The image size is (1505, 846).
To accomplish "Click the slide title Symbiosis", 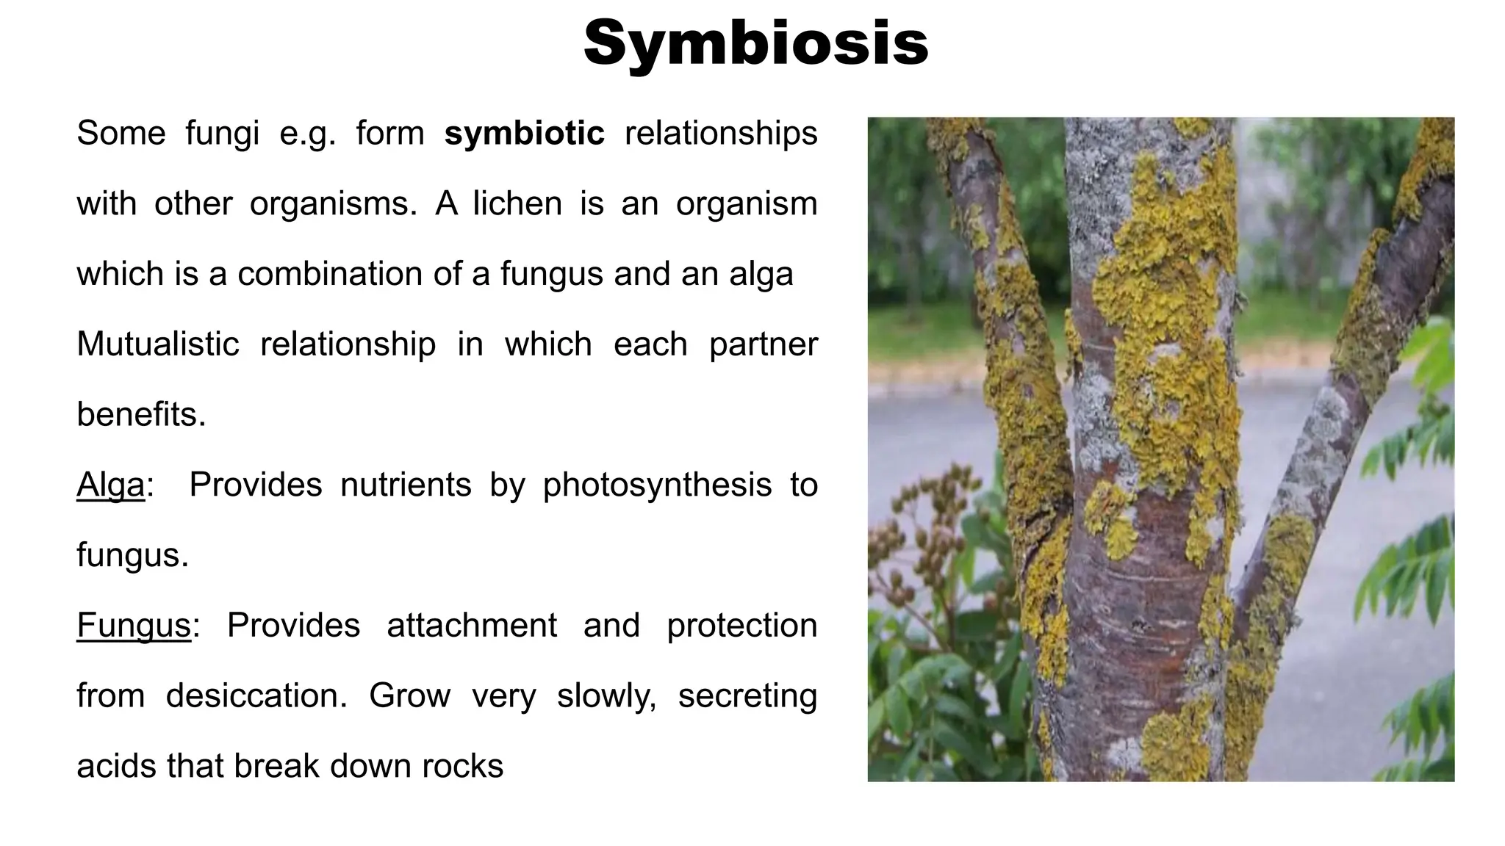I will (756, 43).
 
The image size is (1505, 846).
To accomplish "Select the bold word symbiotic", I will (524, 134).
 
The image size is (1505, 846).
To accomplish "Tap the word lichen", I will (517, 203).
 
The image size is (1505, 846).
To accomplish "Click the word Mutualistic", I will (158, 344).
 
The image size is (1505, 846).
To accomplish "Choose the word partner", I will (763, 344).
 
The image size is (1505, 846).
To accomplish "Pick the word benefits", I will (141, 415).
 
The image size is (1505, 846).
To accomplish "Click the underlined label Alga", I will (111, 485).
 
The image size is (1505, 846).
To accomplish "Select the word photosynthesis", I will (657, 485).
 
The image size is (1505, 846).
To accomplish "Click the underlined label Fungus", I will (134, 626).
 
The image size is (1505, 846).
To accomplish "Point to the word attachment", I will (472, 626).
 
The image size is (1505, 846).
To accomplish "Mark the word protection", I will (741, 626).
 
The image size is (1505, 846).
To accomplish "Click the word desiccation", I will (256, 696).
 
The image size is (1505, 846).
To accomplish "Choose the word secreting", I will (747, 696).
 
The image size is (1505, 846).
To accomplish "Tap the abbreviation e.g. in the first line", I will (307, 134).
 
